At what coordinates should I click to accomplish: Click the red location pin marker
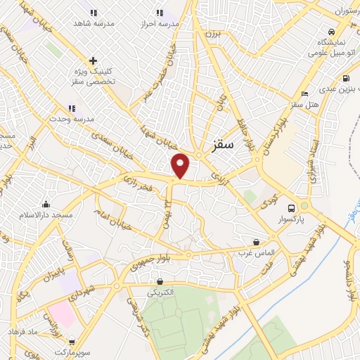tap(181, 165)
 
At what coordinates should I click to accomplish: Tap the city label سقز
tap(221, 146)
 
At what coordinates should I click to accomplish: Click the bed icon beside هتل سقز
tap(304, 94)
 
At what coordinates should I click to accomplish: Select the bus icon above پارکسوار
tap(291, 207)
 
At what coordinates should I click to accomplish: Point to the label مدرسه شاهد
tap(94, 23)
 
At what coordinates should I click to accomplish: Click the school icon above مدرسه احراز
tap(160, 13)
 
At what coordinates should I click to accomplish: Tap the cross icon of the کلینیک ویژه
tap(93, 60)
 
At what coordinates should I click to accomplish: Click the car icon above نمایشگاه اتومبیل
tap(330, 32)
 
